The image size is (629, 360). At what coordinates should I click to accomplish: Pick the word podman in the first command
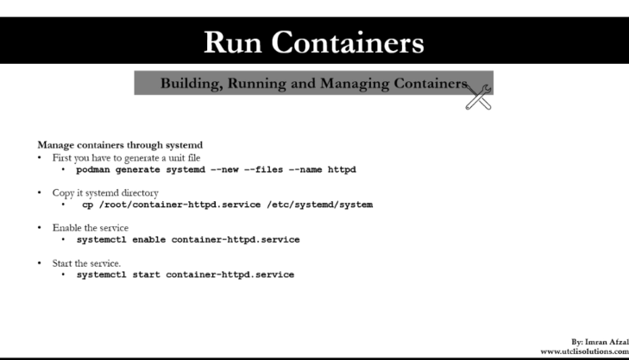pyautogui.click(x=94, y=170)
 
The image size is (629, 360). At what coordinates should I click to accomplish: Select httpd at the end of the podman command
pyautogui.click(x=342, y=170)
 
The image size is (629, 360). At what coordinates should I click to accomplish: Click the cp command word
pyautogui.click(x=87, y=205)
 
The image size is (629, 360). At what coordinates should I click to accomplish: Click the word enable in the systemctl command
pyautogui.click(x=146, y=239)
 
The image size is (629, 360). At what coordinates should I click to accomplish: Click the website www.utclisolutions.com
pyautogui.click(x=584, y=352)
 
